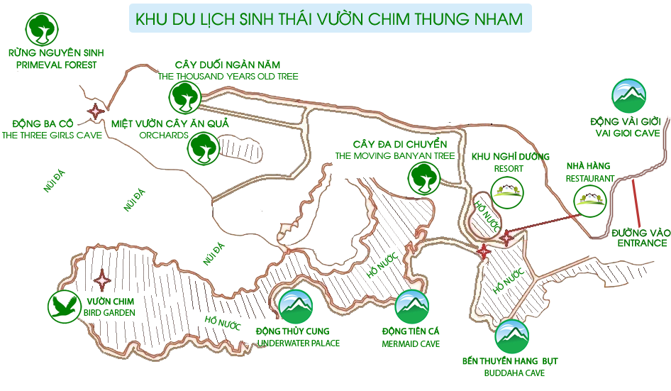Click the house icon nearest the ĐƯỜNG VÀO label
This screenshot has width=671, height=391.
point(590,199)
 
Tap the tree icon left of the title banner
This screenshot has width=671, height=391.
point(42,29)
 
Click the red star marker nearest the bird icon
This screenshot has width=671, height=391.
point(103,280)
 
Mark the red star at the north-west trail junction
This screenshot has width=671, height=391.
point(95,111)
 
